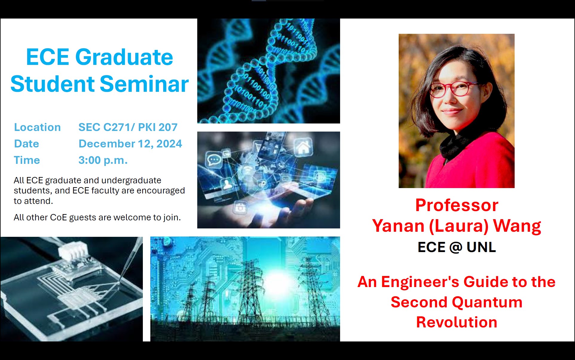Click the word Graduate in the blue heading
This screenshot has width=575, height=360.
pyautogui.click(x=124, y=57)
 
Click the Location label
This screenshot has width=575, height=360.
pyautogui.click(x=37, y=127)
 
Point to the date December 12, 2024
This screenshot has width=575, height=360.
pyautogui.click(x=130, y=144)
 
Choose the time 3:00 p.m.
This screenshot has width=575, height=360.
pyautogui.click(x=103, y=160)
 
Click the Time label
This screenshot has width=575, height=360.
pyautogui.click(x=27, y=160)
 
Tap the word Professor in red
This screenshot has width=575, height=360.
pyautogui.click(x=457, y=205)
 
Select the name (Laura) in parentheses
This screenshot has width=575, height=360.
pyautogui.click(x=459, y=226)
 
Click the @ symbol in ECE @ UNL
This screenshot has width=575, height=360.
pyautogui.click(x=456, y=247)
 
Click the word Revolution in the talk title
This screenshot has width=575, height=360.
pyautogui.click(x=457, y=322)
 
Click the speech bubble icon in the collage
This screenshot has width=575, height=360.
pyautogui.click(x=214, y=160)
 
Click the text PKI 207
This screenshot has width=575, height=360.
pyautogui.click(x=158, y=127)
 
